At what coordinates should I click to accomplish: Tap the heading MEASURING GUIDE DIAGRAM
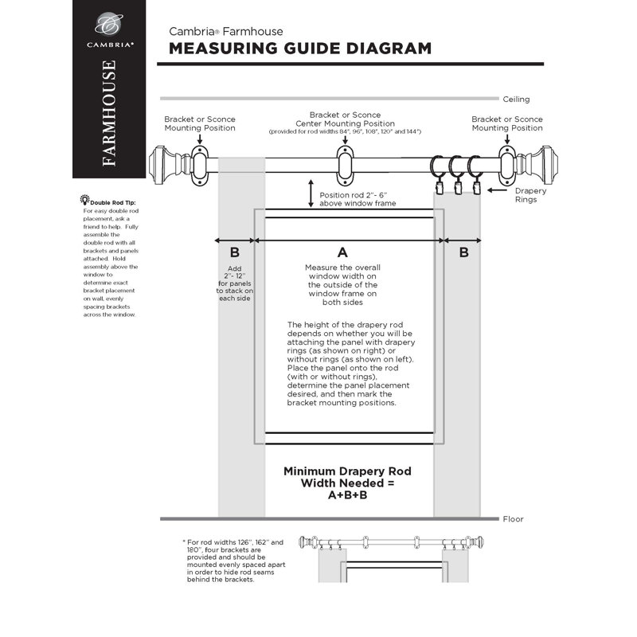300,49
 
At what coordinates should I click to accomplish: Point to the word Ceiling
516,100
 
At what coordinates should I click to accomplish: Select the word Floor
513,519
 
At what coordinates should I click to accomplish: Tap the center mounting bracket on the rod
344,162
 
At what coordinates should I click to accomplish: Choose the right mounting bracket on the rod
506,162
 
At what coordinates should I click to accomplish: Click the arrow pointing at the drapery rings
498,190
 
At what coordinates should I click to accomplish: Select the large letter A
343,251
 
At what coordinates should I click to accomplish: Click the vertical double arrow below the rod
311,193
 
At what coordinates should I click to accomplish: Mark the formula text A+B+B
348,494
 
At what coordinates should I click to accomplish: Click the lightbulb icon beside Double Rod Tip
84,197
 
